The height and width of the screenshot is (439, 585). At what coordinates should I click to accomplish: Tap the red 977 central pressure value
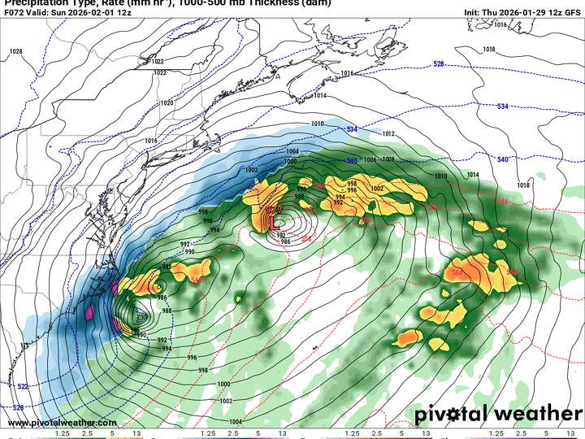tap(274, 210)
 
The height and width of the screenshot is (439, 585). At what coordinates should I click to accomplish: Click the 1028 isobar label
tap(15, 51)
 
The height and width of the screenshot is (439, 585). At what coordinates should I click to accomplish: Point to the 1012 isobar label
tap(388, 133)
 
